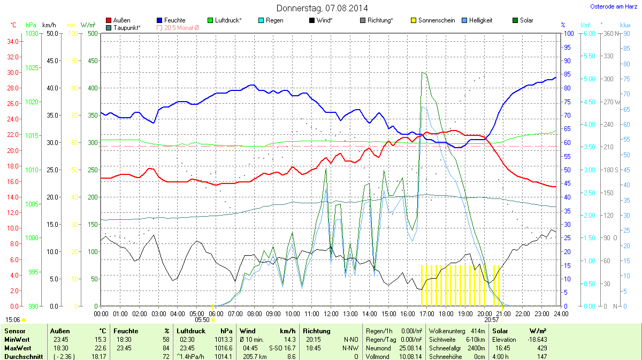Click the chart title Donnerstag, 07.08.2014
click(322, 8)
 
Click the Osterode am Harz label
click(611, 6)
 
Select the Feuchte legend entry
click(175, 20)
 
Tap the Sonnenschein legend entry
click(437, 20)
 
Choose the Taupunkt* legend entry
click(127, 27)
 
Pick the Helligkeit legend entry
click(480, 20)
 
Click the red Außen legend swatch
click(109, 20)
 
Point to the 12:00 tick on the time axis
click(331, 313)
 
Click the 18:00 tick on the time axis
click(446, 313)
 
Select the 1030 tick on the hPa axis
click(32, 34)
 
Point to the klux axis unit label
click(625, 25)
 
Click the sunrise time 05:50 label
click(202, 319)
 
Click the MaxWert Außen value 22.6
click(101, 348)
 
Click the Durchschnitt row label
click(23, 356)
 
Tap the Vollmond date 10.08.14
click(410, 356)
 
